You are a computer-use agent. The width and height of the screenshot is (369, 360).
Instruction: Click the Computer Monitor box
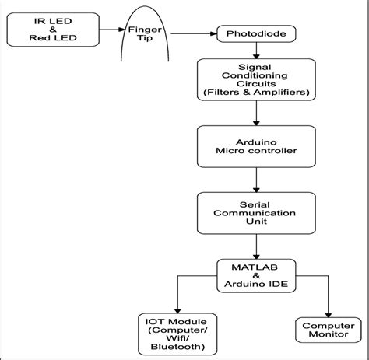pyautogui.click(x=327, y=330)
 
